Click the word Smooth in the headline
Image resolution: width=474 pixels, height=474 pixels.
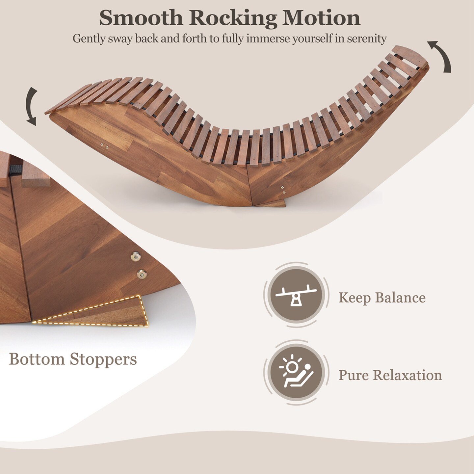tap(141, 18)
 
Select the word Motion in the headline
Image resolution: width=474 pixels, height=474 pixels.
tap(321, 18)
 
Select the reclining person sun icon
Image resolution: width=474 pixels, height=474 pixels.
tap(296, 371)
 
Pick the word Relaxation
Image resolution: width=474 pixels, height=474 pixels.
tap(407, 375)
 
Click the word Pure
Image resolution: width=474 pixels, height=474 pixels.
tap(354, 375)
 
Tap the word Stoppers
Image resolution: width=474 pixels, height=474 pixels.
tap(103, 360)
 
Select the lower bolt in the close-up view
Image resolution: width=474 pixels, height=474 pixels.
tap(142, 274)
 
